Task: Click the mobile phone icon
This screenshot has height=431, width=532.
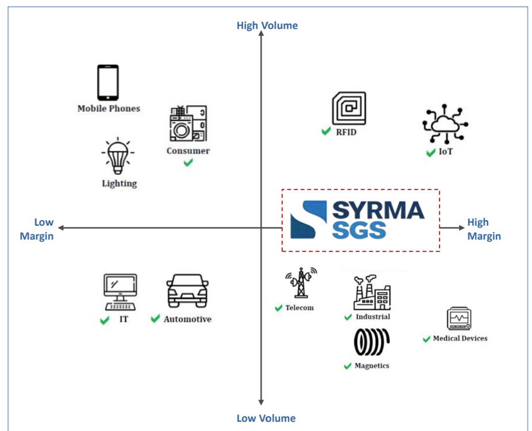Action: point(108,82)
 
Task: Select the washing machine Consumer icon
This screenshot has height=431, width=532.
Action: point(188,123)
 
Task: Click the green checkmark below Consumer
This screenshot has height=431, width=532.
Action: point(188,163)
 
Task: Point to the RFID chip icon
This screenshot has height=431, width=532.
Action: point(349,109)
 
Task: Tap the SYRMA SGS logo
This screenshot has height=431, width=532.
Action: point(360,220)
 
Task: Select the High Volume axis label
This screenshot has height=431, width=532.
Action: point(267,25)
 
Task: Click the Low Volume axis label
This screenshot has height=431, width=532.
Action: point(266,418)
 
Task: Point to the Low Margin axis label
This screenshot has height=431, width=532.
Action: point(38,229)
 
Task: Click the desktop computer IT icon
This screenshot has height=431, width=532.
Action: point(120,291)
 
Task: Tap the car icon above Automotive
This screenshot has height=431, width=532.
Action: point(187,290)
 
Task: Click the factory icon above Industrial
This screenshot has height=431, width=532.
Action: point(372,293)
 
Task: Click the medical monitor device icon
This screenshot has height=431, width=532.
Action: point(459,319)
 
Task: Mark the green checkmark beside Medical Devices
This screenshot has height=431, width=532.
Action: point(426,339)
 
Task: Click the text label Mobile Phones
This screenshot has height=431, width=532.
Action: point(109,108)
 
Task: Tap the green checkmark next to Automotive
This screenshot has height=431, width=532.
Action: point(155,318)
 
